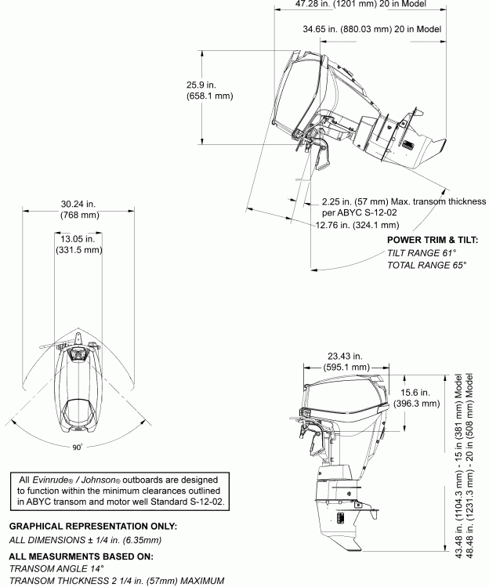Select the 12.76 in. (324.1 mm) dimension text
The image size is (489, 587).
(x=357, y=225)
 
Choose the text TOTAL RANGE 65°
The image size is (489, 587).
(x=427, y=266)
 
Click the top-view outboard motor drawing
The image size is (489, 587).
(x=77, y=384)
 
